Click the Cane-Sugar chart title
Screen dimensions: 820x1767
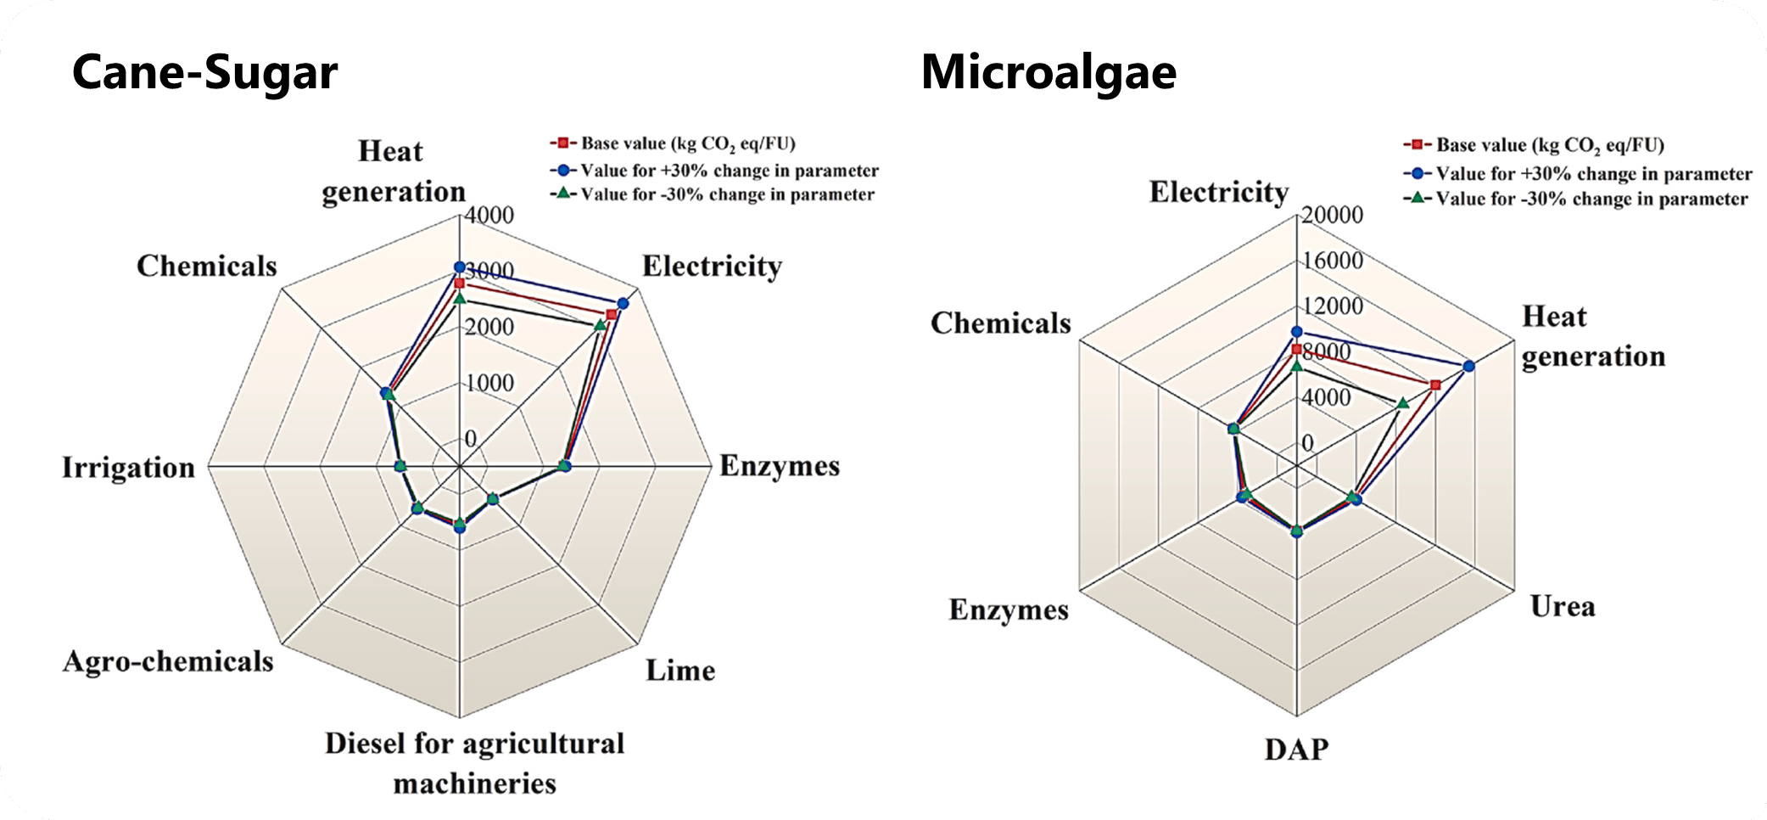(x=204, y=73)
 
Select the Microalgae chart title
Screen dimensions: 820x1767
(x=1048, y=73)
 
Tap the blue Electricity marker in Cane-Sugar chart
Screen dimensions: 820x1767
(x=623, y=303)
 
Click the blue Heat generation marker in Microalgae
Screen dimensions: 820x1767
(x=1468, y=366)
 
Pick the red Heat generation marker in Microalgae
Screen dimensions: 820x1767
(x=1435, y=385)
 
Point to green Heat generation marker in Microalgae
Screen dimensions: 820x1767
(x=1403, y=402)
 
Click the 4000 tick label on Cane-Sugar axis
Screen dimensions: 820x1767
(x=489, y=215)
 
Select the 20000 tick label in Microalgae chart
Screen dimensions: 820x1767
(x=1333, y=215)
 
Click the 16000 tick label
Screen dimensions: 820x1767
(x=1333, y=261)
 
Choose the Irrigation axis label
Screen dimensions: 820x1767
(x=128, y=468)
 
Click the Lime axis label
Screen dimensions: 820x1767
(x=679, y=671)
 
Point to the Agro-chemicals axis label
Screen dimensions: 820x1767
(x=168, y=661)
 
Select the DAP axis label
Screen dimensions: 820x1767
(x=1296, y=750)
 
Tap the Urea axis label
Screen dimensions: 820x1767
(x=1563, y=607)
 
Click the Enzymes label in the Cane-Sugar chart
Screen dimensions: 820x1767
(x=780, y=466)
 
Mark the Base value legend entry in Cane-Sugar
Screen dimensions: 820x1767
(x=687, y=143)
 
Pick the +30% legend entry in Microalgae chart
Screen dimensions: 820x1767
(x=1593, y=174)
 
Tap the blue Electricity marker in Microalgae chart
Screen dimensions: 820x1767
(x=1296, y=331)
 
